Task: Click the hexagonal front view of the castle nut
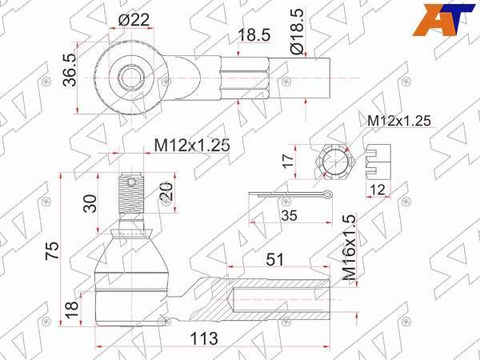[334, 163]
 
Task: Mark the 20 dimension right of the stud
[165, 193]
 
